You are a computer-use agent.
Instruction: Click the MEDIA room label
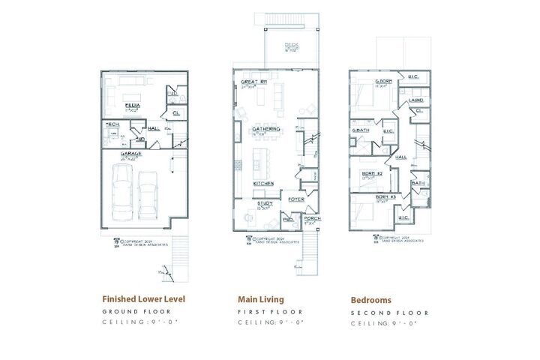point(132,106)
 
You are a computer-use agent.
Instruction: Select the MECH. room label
point(112,124)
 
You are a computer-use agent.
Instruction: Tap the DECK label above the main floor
point(291,46)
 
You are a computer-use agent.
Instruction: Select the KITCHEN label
point(262,183)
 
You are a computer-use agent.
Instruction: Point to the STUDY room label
point(263,202)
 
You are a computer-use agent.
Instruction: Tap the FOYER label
point(295,199)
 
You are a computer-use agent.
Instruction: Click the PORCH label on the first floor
point(312,219)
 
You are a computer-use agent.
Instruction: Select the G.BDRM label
point(384,81)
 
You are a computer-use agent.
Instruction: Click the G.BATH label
point(361,130)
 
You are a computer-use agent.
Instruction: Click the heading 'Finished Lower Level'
point(143,298)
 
